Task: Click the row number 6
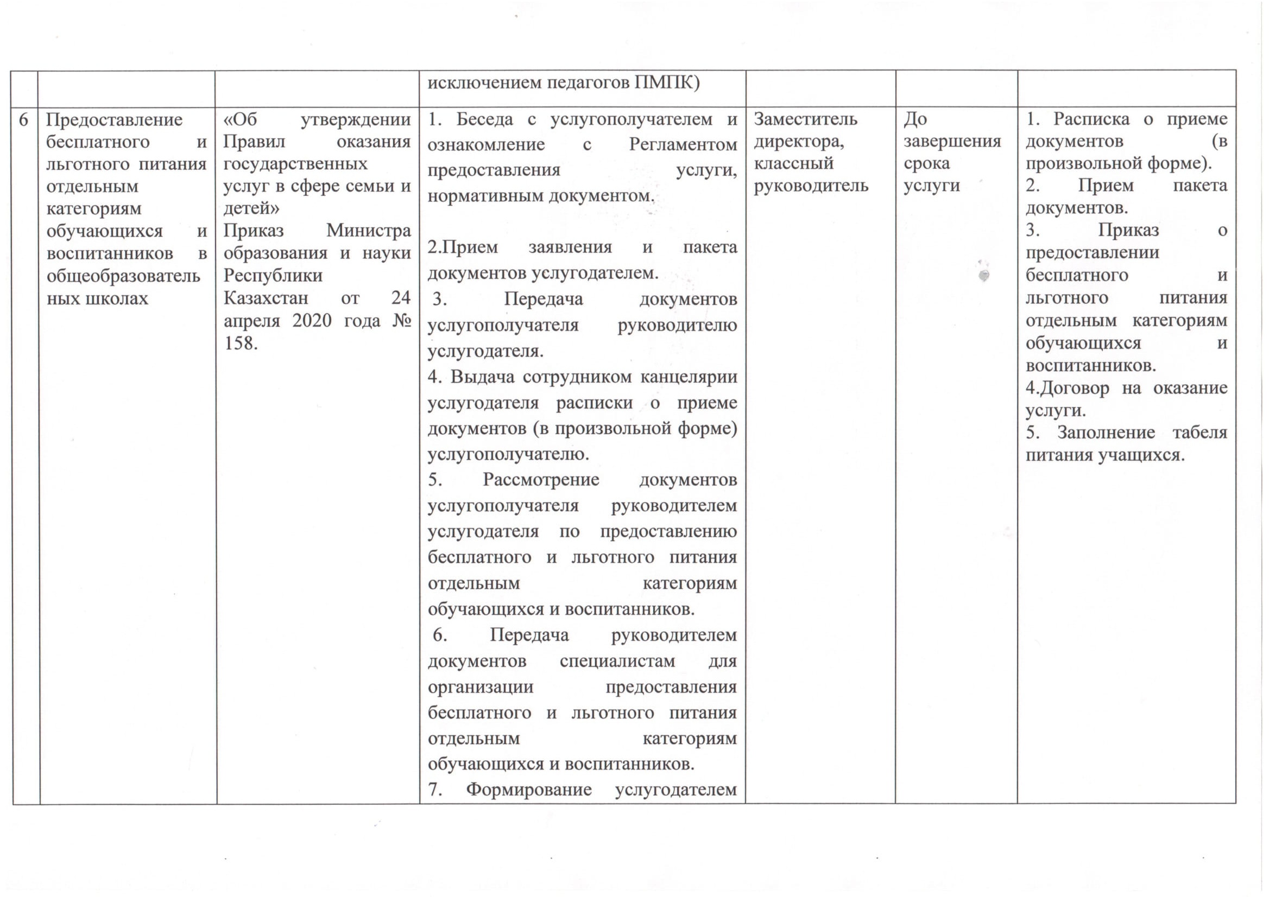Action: tap(23, 120)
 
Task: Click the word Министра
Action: tap(368, 230)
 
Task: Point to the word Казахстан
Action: tap(266, 298)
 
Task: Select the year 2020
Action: tap(312, 321)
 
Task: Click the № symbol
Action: tap(402, 321)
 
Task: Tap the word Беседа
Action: tap(485, 119)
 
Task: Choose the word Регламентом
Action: tap(683, 145)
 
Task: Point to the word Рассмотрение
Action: tap(540, 480)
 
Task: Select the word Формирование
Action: tap(528, 790)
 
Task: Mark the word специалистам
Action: tap(617, 661)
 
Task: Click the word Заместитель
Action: tap(805, 119)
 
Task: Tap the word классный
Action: tap(794, 163)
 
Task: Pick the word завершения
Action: tap(952, 142)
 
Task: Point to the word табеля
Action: tap(1200, 432)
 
